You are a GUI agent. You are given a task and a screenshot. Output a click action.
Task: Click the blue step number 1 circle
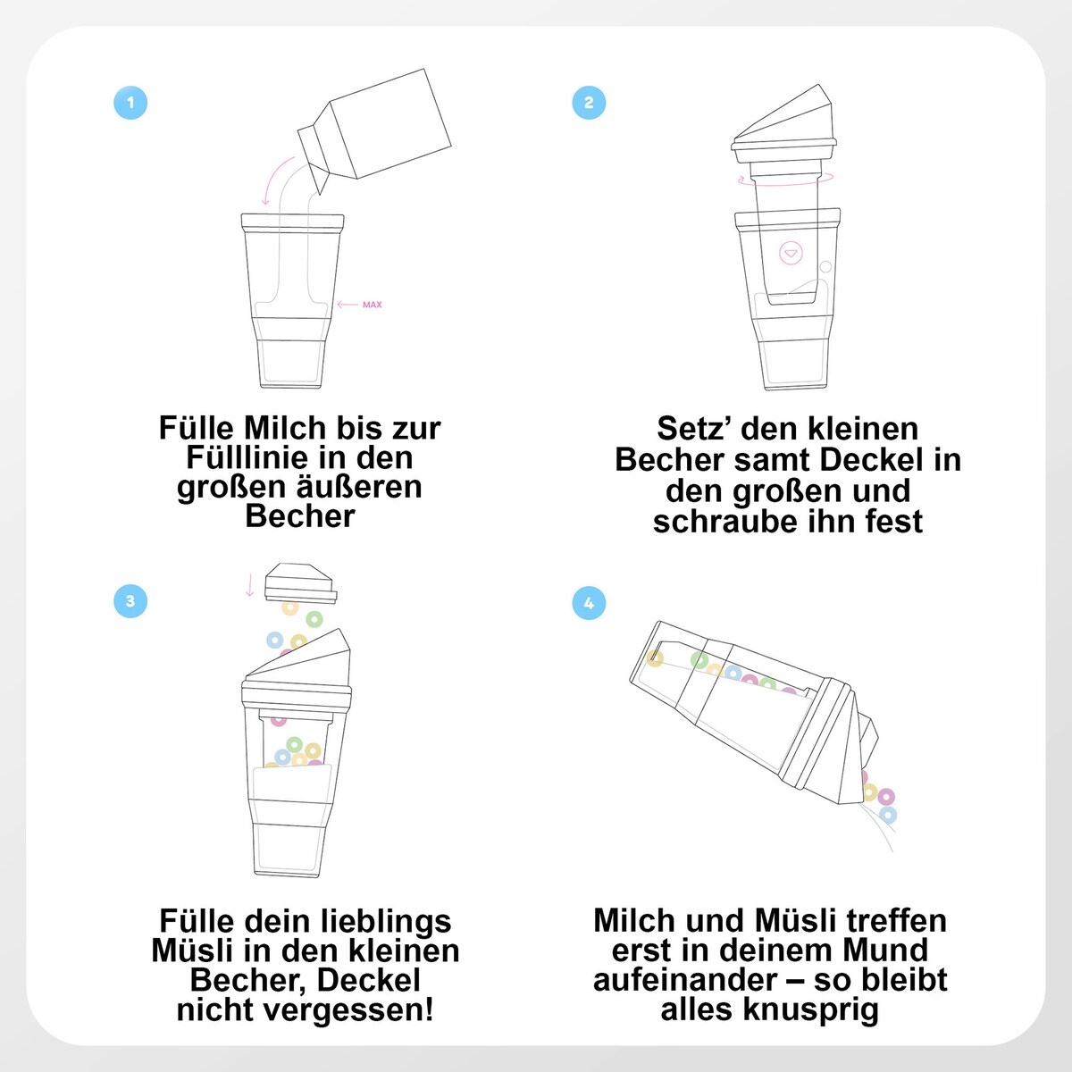point(130,103)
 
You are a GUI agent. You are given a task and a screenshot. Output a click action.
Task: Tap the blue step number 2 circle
point(589,103)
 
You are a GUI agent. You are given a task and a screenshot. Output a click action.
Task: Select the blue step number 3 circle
point(130,601)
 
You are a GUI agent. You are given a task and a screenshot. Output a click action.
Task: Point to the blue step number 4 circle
point(589,603)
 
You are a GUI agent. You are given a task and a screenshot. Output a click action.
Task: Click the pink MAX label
point(373,305)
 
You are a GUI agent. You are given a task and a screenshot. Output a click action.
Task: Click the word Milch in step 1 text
point(285,428)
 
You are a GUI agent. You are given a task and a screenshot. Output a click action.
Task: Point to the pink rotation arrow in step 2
point(785,180)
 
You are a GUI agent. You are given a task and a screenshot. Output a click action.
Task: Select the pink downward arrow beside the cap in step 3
point(250,585)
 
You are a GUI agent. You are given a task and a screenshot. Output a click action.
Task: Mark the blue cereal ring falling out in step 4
point(888,816)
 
